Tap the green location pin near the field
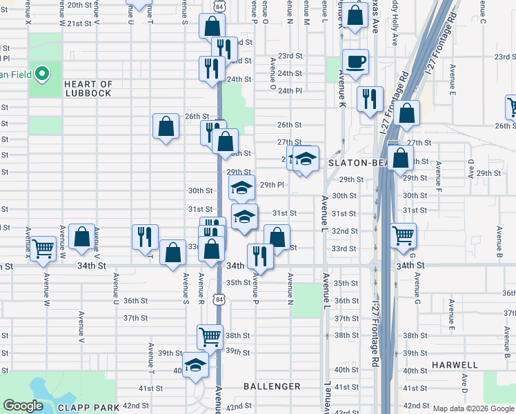tap(41, 72)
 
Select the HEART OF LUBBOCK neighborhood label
tap(88, 88)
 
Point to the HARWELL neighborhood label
tap(455, 364)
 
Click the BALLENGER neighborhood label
tap(272, 386)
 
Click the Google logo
tap(23, 406)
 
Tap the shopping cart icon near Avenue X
tap(43, 248)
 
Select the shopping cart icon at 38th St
tap(210, 337)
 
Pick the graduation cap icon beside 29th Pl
tap(241, 188)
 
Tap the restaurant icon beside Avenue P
tap(260, 256)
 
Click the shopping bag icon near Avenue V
tap(81, 237)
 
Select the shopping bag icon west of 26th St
tap(166, 126)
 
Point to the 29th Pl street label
tap(272, 185)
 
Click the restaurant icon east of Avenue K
tap(370, 99)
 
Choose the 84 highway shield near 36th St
tap(219, 299)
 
